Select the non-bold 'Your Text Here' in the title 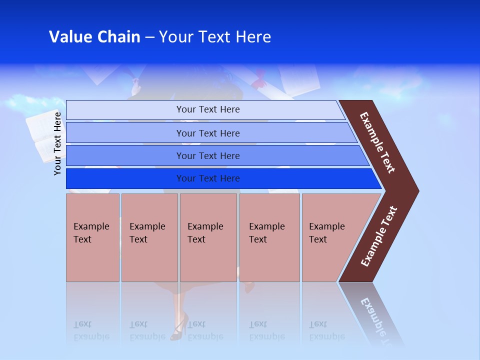pyautogui.click(x=215, y=37)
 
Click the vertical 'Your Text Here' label pyautogui.click(x=57, y=143)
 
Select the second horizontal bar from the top pyautogui.click(x=207, y=133)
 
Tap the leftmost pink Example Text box pyautogui.click(x=92, y=237)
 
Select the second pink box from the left pyautogui.click(x=149, y=237)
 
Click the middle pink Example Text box pyautogui.click(x=208, y=237)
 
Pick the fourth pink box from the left pyautogui.click(x=269, y=237)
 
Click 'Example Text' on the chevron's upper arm pyautogui.click(x=377, y=142)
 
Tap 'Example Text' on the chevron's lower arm pyautogui.click(x=379, y=236)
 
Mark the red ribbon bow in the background pyautogui.click(x=260, y=80)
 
